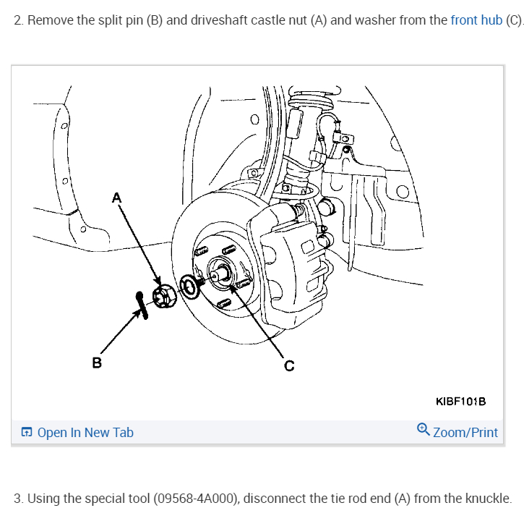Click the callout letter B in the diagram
pos(96,361)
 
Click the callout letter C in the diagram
pos(289,365)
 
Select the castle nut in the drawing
pos(163,297)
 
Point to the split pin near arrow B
pos(142,305)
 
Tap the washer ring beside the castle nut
pos(189,286)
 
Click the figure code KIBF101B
pos(460,401)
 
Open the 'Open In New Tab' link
pos(85,433)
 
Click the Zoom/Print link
pos(465,433)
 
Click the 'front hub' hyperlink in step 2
pos(476,20)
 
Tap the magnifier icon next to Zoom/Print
pos(424,430)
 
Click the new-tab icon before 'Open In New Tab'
pos(27,433)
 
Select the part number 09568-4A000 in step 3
pos(194,499)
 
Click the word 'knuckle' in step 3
pos(489,499)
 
